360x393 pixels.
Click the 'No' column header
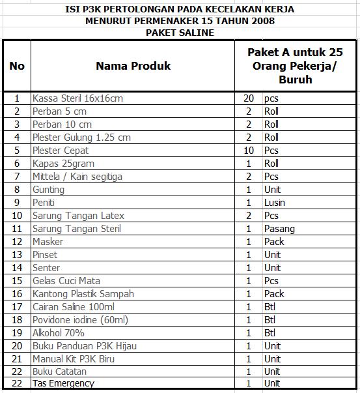point(17,66)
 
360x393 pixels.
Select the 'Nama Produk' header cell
point(133,66)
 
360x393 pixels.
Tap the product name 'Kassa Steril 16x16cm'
point(77,98)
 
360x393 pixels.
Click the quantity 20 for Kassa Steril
point(248,98)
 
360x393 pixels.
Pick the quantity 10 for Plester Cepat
point(248,151)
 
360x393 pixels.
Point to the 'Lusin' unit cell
point(275,203)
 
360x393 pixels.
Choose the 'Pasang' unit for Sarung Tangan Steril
point(279,229)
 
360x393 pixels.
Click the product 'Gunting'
point(48,190)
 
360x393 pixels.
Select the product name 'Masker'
point(48,242)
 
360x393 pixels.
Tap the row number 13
point(17,255)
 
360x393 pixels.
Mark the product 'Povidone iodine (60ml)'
point(80,320)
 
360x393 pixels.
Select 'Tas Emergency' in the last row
point(63,383)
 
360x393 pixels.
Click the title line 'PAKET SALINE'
point(180,33)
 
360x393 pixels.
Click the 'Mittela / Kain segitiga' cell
point(77,177)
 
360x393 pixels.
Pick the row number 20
point(17,346)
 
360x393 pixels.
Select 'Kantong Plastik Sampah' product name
point(83,294)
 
